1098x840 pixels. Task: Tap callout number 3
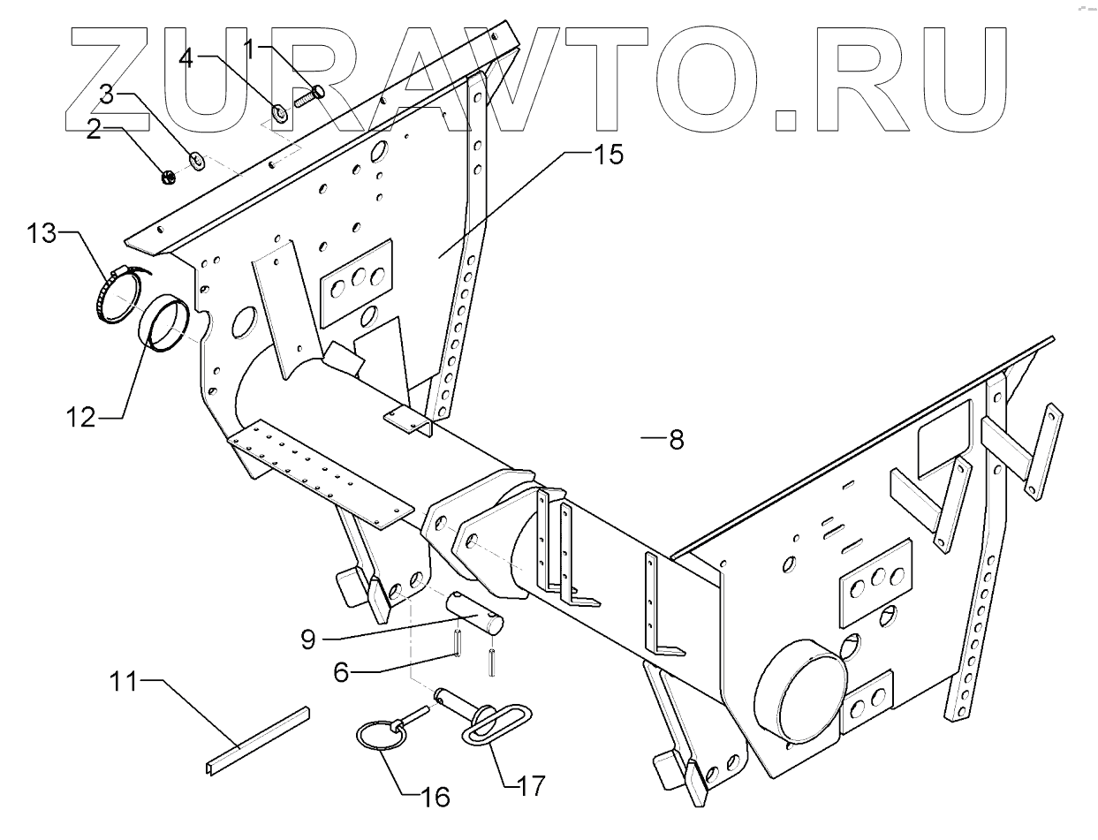point(106,94)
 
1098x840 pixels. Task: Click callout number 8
point(676,439)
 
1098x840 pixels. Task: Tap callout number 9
point(307,638)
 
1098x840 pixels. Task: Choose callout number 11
point(124,682)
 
